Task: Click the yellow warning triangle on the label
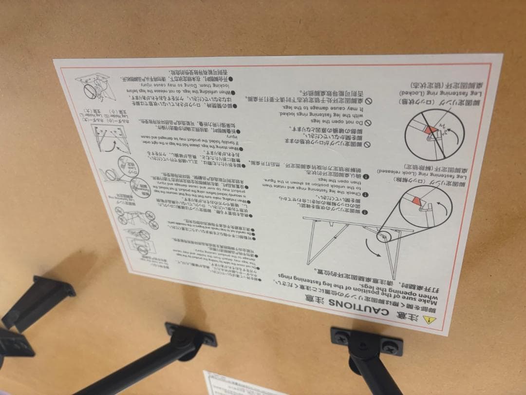428,320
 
